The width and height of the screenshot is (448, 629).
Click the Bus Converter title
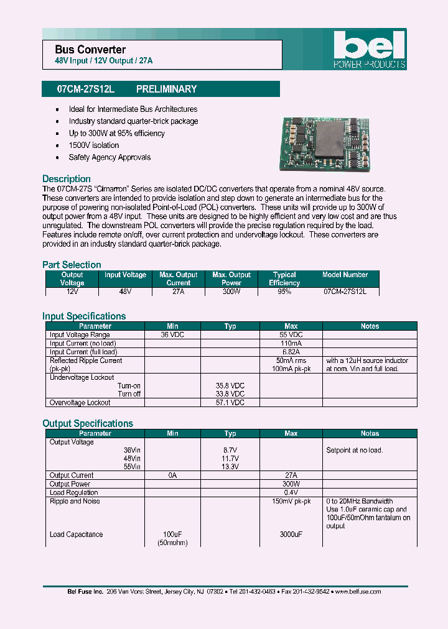coord(90,49)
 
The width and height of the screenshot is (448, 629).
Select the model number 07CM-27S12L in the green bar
coord(86,89)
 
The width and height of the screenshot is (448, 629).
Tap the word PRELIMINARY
coord(166,89)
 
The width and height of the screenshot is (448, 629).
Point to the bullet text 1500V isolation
coord(94,145)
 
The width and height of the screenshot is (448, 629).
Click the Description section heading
coord(67,179)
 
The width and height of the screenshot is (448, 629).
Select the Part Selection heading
coord(72,265)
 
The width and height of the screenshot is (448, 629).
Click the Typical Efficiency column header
coord(284,278)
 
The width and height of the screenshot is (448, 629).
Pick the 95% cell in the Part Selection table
coord(284,291)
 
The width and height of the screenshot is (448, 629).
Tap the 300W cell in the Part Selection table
coord(231,291)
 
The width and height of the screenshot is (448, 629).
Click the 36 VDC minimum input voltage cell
coord(172,334)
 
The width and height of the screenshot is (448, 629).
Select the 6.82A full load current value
coord(291,352)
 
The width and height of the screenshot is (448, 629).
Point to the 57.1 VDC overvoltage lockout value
coord(230,403)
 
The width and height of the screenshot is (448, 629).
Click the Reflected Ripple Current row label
coord(86,360)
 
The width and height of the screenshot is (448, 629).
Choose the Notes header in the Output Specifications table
coord(370,433)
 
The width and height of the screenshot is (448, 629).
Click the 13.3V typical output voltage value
coord(230,467)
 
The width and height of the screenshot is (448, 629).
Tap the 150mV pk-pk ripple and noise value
coord(291,501)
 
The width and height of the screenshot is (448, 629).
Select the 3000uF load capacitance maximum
coord(291,535)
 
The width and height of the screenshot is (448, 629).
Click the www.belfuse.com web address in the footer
coord(358,592)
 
